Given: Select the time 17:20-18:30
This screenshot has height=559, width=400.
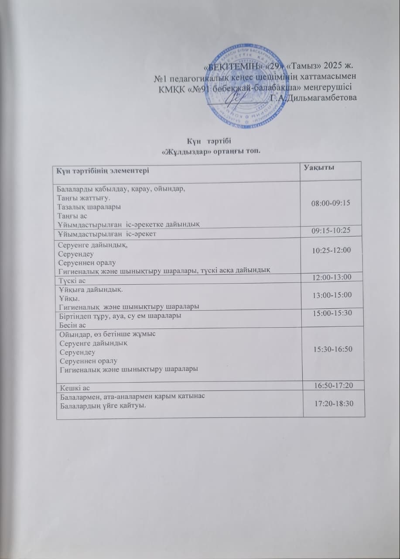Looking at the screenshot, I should coord(334,403).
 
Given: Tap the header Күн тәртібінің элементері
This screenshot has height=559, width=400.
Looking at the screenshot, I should coord(100,170).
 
